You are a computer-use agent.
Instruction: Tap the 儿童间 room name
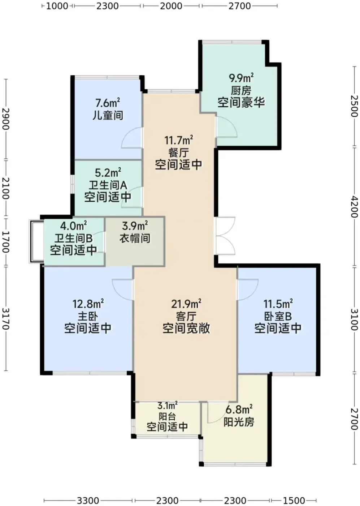click(x=108, y=116)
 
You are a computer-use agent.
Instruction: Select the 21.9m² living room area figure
click(x=186, y=304)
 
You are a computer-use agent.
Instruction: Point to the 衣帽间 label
click(x=135, y=238)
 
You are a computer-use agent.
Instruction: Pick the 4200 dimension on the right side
click(x=354, y=206)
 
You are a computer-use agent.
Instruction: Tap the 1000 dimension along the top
click(x=57, y=6)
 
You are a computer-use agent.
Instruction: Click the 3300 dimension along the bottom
click(x=88, y=501)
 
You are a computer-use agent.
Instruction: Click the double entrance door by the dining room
click(x=225, y=236)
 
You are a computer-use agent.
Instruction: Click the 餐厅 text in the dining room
click(x=178, y=153)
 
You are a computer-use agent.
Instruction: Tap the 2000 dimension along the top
click(x=171, y=6)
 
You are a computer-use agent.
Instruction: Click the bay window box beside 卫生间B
click(x=36, y=241)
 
